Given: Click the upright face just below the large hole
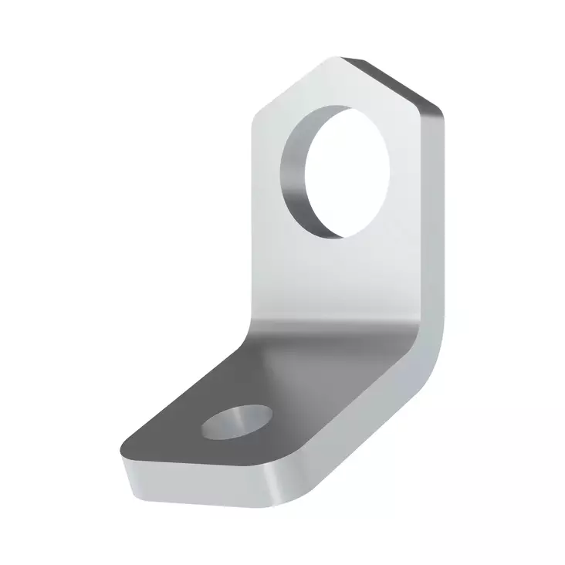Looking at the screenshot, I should click(347, 270).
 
